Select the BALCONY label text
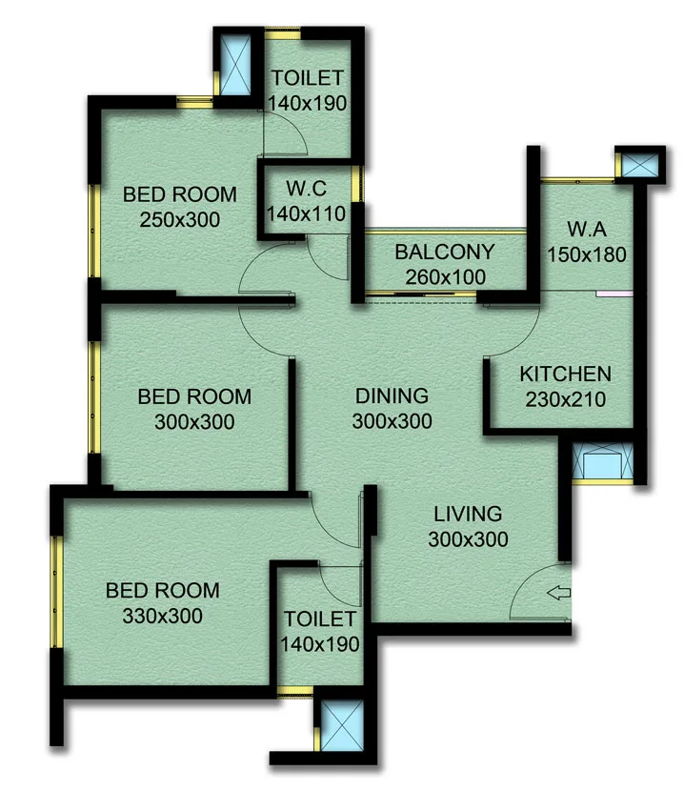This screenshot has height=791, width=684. [445, 253]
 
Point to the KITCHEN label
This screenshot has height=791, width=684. [565, 374]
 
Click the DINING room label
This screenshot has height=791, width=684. [392, 395]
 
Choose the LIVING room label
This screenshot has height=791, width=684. [467, 515]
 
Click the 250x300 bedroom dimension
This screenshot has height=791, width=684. [180, 219]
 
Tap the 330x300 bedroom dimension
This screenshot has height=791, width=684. [162, 616]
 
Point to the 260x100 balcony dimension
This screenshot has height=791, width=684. [445, 277]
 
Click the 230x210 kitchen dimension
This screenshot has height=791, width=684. [565, 398]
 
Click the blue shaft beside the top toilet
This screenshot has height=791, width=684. [231, 63]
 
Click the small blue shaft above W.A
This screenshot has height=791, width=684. [634, 164]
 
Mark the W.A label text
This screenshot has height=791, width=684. [586, 230]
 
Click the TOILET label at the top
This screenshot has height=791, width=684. [306, 78]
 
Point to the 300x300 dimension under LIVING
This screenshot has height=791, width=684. [467, 539]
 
